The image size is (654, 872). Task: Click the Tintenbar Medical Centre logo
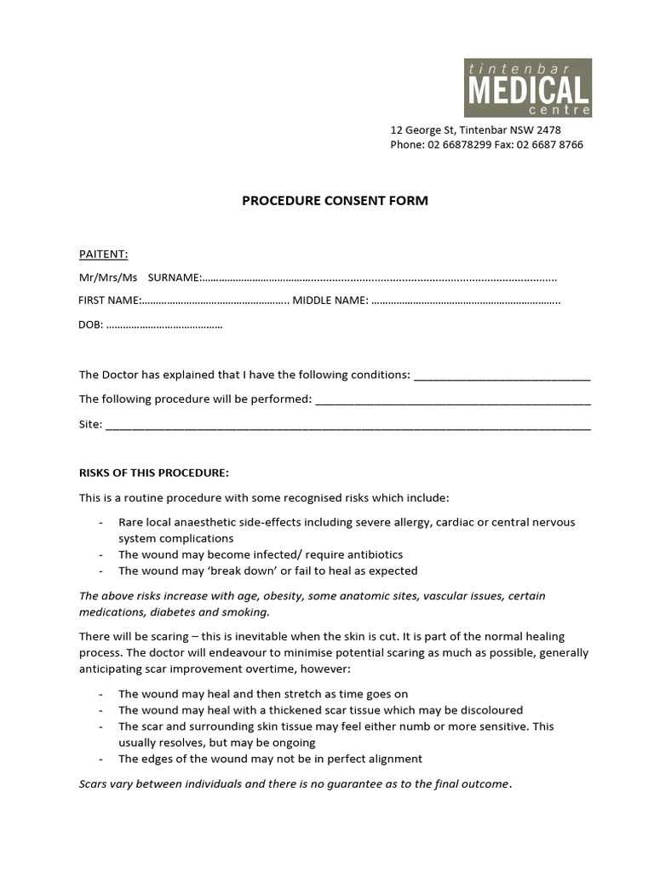[x=527, y=88]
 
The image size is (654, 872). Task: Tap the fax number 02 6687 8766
[x=548, y=145]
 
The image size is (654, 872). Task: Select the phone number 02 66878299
[x=459, y=145]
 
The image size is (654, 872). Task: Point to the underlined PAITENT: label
[x=103, y=254]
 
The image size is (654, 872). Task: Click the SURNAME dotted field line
[x=380, y=278]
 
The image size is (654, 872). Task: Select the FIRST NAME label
[x=109, y=301]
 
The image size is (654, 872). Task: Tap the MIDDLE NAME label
[x=330, y=301]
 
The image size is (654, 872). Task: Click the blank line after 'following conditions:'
[x=502, y=376]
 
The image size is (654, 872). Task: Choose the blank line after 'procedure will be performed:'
[x=453, y=400]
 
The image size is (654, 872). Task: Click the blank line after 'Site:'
[x=347, y=425]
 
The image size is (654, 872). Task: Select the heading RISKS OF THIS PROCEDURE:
[x=154, y=473]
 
